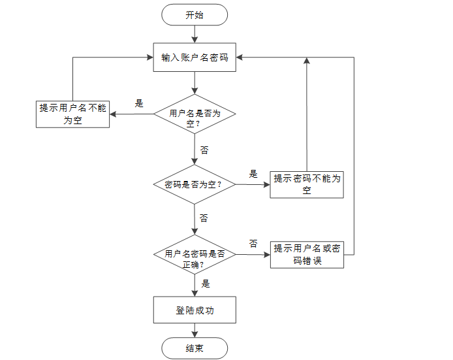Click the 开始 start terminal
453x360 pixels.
[195, 15]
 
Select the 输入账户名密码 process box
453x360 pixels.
[195, 57]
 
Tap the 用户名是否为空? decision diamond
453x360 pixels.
[195, 118]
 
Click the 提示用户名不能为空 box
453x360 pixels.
[72, 114]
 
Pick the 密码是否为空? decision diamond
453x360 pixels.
[195, 184]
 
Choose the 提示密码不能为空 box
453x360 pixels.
[307, 184]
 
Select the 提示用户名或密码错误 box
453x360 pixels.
[307, 255]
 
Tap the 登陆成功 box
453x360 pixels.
[195, 310]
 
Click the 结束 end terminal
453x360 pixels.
[195, 348]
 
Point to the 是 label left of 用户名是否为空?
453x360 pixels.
[138, 103]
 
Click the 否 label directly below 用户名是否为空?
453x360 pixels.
[204, 150]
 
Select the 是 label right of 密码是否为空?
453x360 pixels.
[253, 174]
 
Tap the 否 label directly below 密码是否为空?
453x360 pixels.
[204, 218]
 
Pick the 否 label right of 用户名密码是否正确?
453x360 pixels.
[253, 243]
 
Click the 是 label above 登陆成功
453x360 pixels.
[206, 284]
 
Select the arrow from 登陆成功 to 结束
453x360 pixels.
[195, 330]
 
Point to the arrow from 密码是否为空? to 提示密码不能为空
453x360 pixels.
[253, 184]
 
